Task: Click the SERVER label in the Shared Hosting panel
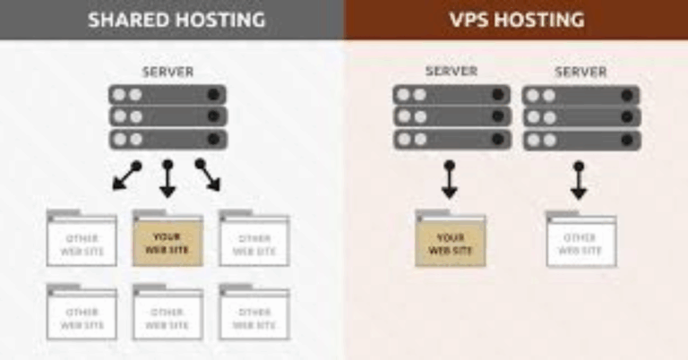click(x=168, y=72)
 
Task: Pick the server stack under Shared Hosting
click(x=168, y=117)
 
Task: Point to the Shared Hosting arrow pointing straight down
click(x=168, y=179)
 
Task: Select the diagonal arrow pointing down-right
click(x=209, y=176)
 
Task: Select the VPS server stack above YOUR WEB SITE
click(x=451, y=117)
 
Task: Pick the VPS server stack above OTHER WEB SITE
click(x=581, y=117)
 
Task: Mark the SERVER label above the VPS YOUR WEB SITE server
click(x=451, y=71)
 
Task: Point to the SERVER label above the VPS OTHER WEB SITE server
click(x=580, y=71)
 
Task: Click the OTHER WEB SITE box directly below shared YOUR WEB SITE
click(x=168, y=313)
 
